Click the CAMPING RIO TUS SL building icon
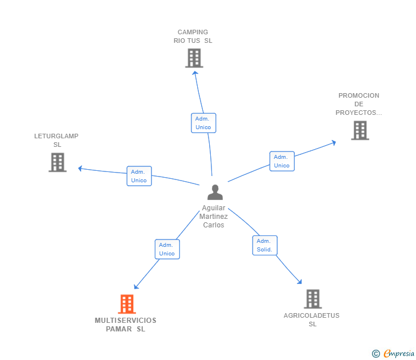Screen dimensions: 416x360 point(194,58)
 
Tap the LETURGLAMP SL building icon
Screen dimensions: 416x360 point(58,162)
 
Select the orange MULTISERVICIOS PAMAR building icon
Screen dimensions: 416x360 point(127,304)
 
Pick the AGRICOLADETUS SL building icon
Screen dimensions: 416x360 point(313,299)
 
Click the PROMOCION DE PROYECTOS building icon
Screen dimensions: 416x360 point(360,130)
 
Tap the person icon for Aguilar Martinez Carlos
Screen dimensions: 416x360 point(215,193)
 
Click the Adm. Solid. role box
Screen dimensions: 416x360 point(265,245)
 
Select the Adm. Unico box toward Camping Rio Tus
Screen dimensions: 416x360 point(203,123)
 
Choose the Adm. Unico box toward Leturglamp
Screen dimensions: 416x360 point(139,176)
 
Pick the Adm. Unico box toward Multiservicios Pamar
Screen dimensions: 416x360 point(167,249)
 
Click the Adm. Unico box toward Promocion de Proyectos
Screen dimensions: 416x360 point(282,161)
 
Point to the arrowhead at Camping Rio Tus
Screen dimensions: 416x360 point(195,73)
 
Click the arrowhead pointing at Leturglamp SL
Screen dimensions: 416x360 point(80,168)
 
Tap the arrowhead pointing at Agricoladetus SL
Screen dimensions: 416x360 point(299,282)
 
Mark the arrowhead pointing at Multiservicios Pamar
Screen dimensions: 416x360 point(136,286)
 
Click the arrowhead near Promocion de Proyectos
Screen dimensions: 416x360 point(334,143)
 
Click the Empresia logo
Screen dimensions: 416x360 point(393,353)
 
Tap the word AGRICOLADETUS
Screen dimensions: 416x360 point(311,315)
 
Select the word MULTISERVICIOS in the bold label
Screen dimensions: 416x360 point(126,321)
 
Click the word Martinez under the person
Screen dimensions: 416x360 point(214,217)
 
